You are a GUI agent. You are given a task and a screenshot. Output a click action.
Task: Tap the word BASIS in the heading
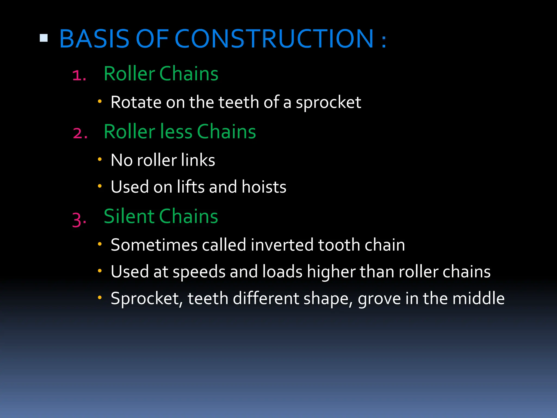(94, 39)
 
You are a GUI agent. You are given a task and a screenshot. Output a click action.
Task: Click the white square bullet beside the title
(44, 38)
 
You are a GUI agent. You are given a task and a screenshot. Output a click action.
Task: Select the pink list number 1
(79, 75)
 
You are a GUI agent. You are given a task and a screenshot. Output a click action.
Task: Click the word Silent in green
(129, 216)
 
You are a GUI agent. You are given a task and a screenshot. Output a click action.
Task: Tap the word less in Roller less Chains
(175, 132)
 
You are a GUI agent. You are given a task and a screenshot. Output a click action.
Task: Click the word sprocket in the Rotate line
(328, 103)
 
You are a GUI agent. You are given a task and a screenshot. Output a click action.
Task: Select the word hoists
(264, 187)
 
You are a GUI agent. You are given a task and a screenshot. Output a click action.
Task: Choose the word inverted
(282, 245)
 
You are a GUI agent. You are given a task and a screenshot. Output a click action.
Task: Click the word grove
(379, 299)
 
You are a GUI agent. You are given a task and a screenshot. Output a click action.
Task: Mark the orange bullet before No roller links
(100, 159)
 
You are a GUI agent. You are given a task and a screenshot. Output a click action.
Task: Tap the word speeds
(199, 272)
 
